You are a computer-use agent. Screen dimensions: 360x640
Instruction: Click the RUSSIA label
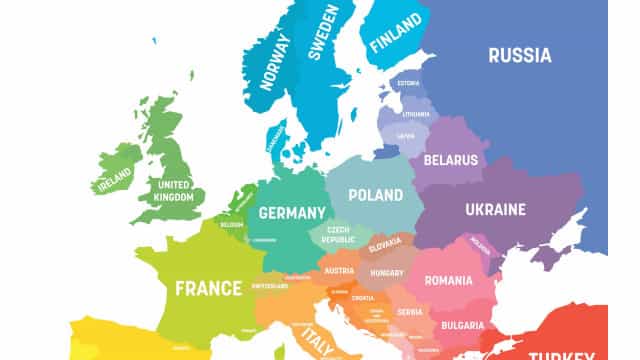(x=519, y=55)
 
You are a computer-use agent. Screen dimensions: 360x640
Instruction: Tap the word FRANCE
(x=208, y=289)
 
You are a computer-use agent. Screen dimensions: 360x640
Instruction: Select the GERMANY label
(x=292, y=213)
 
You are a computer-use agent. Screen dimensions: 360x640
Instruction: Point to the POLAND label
(x=375, y=195)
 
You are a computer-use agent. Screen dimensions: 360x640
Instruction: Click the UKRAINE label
(x=495, y=210)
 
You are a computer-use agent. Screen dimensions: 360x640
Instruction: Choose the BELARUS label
(x=450, y=159)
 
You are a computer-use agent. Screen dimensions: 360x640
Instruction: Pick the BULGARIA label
(x=461, y=325)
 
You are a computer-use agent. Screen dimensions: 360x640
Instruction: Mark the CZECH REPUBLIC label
(x=338, y=235)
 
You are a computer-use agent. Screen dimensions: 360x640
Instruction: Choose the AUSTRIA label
(x=340, y=271)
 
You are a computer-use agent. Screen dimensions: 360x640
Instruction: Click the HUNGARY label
(x=385, y=271)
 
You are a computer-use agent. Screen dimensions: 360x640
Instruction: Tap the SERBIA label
(x=407, y=312)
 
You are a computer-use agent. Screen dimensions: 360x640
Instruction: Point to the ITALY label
(x=321, y=339)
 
